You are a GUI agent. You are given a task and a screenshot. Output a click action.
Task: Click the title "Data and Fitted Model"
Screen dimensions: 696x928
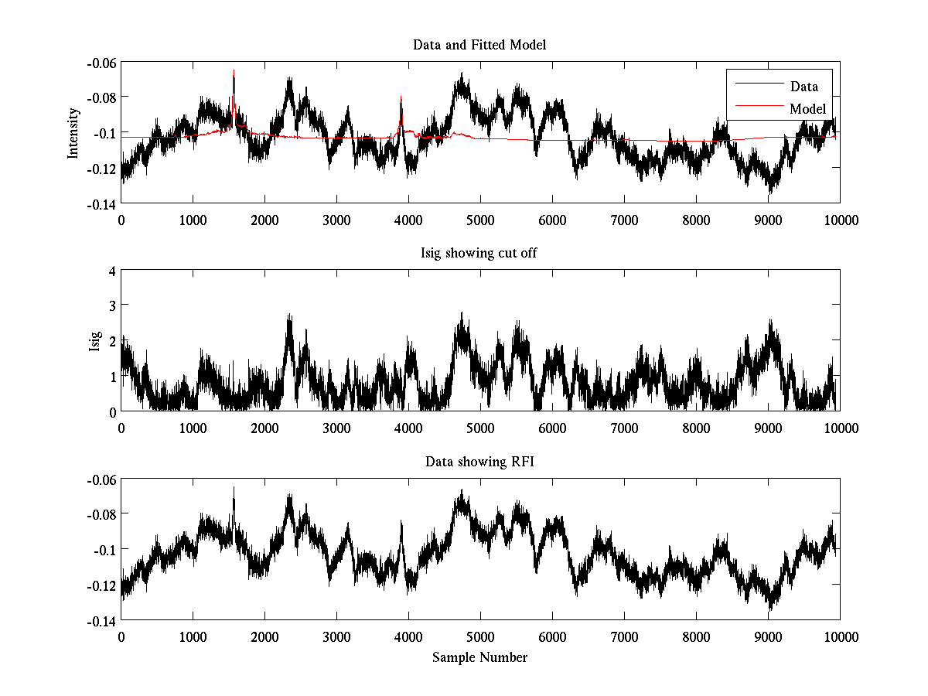[479, 45]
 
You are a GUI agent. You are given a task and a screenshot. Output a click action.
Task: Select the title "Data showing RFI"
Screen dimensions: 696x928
[479, 462]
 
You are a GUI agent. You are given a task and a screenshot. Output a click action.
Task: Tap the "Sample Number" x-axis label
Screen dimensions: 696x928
[479, 657]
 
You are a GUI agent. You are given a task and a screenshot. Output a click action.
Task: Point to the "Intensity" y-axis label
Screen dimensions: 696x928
[73, 133]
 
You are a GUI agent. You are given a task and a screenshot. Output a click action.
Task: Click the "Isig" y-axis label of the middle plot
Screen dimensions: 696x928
[94, 341]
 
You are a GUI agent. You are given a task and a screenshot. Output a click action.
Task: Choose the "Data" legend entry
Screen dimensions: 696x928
[803, 87]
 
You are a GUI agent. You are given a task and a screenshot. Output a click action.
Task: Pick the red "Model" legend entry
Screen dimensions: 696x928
[807, 108]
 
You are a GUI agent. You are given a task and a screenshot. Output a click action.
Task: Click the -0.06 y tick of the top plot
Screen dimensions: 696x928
[101, 62]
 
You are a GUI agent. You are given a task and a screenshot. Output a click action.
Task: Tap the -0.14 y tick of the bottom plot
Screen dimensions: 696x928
[101, 620]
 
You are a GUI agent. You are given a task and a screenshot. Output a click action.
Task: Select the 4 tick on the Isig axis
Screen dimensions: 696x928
[112, 271]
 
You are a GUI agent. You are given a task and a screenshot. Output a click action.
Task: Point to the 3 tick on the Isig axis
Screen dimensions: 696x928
[112, 306]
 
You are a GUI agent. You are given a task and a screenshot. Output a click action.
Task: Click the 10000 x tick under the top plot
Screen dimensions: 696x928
[840, 220]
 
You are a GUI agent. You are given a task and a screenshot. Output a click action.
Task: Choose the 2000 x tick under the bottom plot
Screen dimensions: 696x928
[264, 636]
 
